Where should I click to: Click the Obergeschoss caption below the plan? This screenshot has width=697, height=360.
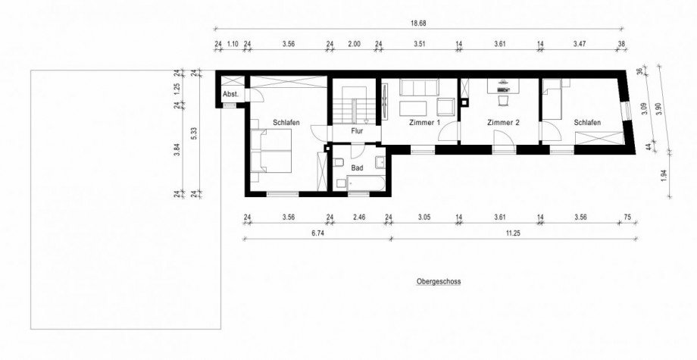(439, 281)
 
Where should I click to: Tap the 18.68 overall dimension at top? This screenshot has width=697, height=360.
(414, 23)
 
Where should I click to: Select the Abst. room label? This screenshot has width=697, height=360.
(231, 94)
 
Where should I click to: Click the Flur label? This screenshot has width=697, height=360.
(358, 131)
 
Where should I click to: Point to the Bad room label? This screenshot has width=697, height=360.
(357, 168)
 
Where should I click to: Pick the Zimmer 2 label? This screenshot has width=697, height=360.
(503, 123)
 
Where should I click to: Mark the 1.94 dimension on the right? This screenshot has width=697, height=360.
(664, 176)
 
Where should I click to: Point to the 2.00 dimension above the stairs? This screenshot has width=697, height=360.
(355, 44)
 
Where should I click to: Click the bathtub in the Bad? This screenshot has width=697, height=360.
(365, 183)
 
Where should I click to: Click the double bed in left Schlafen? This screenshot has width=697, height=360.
(270, 151)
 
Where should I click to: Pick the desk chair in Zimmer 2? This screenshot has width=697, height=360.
(503, 101)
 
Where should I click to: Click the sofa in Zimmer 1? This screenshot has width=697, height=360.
(419, 87)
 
